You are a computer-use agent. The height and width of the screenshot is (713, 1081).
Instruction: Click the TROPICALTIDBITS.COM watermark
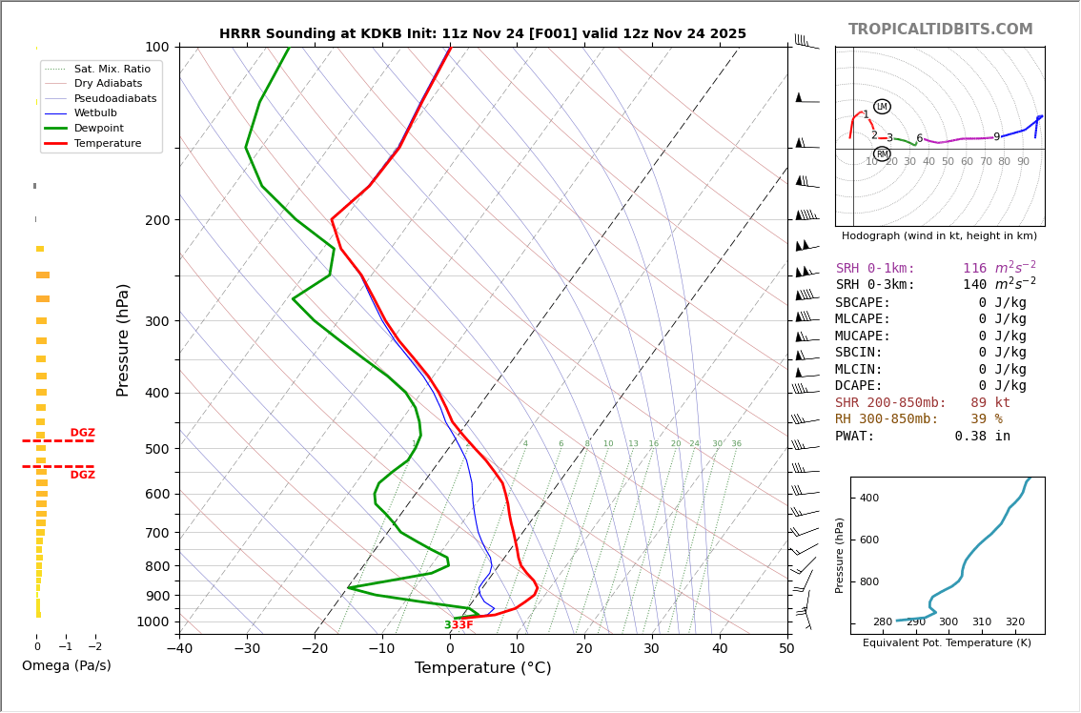click(x=940, y=30)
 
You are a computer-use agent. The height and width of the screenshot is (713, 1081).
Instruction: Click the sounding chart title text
click(x=482, y=33)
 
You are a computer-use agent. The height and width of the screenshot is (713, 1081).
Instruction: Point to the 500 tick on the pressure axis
click(x=157, y=449)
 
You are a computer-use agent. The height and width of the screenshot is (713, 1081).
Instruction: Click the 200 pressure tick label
click(x=157, y=220)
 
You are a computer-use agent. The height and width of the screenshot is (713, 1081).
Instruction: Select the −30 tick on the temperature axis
click(x=247, y=649)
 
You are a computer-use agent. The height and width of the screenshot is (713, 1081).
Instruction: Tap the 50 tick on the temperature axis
click(x=786, y=649)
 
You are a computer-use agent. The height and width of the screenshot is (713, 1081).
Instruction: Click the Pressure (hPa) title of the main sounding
click(x=123, y=339)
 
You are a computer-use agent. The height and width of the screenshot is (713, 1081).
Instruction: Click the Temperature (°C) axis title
click(x=482, y=668)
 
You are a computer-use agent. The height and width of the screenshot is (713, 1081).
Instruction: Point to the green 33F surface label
click(x=459, y=625)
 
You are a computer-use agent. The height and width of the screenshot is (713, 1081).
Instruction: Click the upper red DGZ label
click(x=83, y=433)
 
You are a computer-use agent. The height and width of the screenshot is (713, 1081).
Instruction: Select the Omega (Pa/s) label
click(x=66, y=665)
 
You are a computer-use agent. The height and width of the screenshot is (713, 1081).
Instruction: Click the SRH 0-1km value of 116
click(x=974, y=269)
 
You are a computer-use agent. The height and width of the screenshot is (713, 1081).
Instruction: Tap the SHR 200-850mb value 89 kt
click(x=989, y=403)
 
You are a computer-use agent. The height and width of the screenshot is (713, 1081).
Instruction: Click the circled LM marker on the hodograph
click(x=882, y=107)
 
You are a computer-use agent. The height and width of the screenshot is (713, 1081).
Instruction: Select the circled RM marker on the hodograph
click(x=882, y=154)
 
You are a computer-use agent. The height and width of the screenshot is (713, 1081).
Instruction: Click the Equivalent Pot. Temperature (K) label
click(x=947, y=642)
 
